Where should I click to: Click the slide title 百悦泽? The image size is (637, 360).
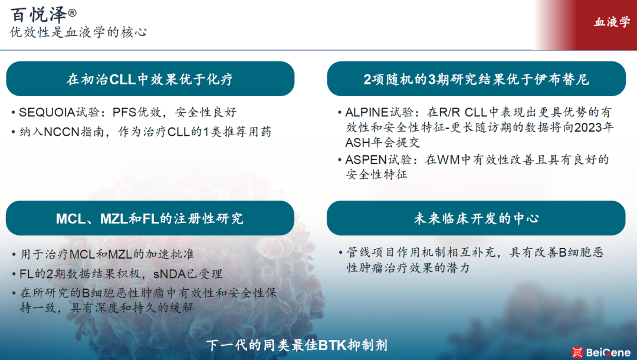point(38,15)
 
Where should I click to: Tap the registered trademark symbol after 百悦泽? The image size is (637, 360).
point(72,12)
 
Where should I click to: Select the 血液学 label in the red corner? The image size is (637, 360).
point(612,22)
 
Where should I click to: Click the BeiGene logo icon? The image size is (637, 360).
point(577,352)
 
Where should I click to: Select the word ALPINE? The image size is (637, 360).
point(367,112)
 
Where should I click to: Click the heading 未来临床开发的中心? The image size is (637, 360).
point(476,218)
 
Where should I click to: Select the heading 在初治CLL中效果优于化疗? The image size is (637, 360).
point(150,79)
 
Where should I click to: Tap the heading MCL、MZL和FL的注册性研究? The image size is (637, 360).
point(149,218)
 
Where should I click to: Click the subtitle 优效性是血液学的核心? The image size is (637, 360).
point(78,32)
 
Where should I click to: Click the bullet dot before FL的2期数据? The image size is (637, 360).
point(14,274)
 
